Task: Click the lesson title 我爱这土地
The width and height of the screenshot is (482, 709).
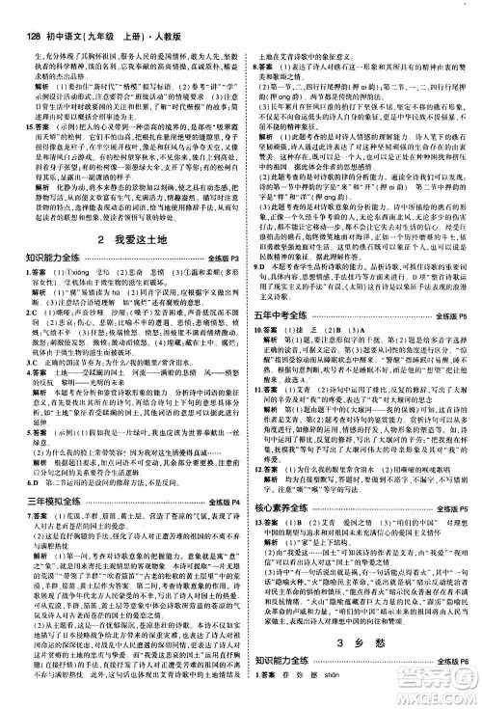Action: (129, 236)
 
